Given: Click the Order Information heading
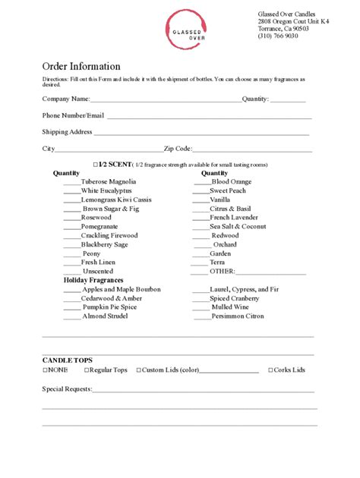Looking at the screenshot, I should coord(81,66).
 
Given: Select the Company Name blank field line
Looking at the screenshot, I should coord(165,99).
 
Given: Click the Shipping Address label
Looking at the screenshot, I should coord(67,132).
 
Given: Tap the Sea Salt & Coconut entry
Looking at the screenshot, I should coord(238,226).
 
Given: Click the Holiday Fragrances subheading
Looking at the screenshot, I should coord(93,281).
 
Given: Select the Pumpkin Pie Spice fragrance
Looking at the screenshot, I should coord(109,307).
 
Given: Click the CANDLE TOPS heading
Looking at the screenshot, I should coord(68,360).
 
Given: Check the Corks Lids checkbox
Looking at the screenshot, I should coord(271,370).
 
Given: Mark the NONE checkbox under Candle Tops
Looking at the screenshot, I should coord(45,370).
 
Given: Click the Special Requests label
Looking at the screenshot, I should coord(67,389).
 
